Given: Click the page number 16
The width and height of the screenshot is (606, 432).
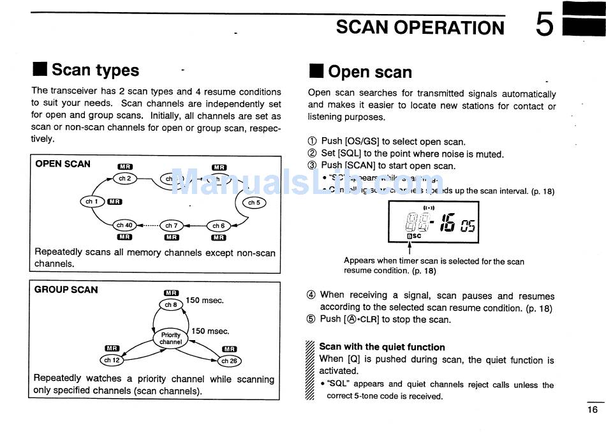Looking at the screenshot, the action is (593, 410).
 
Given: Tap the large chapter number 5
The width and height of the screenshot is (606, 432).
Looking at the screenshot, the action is (544, 26).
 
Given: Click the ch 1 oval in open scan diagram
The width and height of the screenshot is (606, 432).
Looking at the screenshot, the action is (92, 202).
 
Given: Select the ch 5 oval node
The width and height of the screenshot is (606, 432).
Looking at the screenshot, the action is (254, 202).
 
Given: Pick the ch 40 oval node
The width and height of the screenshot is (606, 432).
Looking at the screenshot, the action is (124, 225).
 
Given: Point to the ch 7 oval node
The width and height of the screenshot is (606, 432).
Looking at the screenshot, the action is (172, 225).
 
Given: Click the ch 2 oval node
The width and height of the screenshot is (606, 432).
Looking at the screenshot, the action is (124, 178).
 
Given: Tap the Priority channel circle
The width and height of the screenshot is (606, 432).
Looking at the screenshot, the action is (171, 338).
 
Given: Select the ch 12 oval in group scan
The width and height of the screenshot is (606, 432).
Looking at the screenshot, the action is (112, 360).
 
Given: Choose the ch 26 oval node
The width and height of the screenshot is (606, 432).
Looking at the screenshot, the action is (230, 361).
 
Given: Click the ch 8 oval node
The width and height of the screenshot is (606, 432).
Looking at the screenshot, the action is (171, 304).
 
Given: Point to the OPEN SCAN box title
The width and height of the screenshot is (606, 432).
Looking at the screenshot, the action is (63, 164).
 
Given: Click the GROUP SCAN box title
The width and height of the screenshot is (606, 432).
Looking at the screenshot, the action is (66, 290).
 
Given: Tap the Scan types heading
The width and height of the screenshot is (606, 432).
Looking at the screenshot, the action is (95, 70).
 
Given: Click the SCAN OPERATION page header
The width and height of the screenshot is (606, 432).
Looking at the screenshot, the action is (420, 27).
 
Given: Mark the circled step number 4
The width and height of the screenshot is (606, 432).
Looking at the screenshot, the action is (311, 295).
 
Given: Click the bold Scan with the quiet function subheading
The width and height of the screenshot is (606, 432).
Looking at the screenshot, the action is (382, 347).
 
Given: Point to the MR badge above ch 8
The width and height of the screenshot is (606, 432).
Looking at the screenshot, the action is (171, 293).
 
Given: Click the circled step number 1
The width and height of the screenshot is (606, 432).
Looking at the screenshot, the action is (312, 142).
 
